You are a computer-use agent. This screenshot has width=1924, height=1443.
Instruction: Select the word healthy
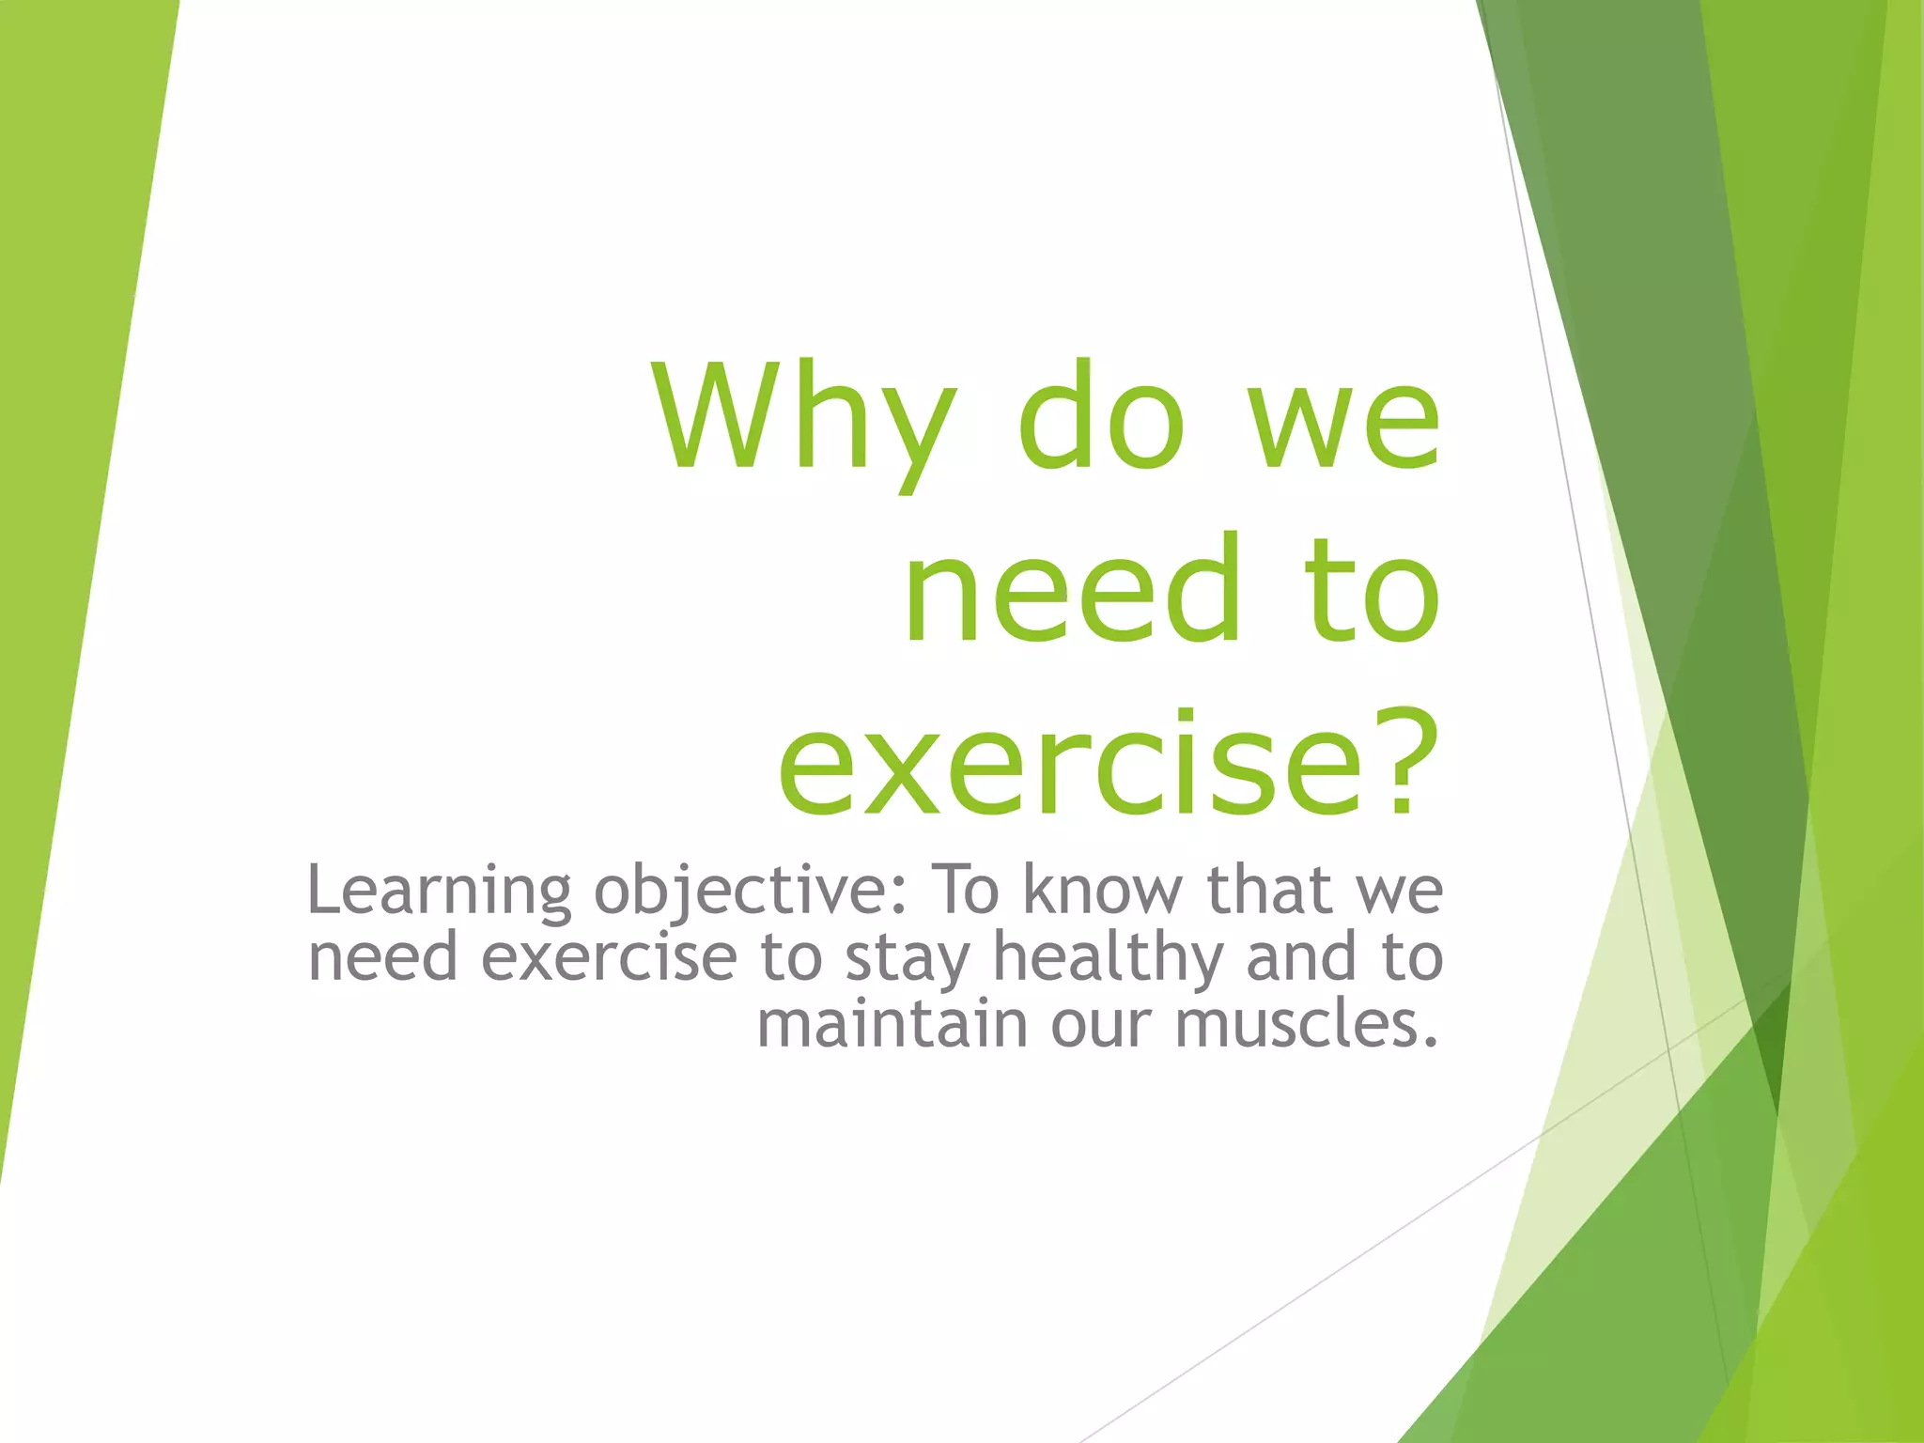point(1109,958)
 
